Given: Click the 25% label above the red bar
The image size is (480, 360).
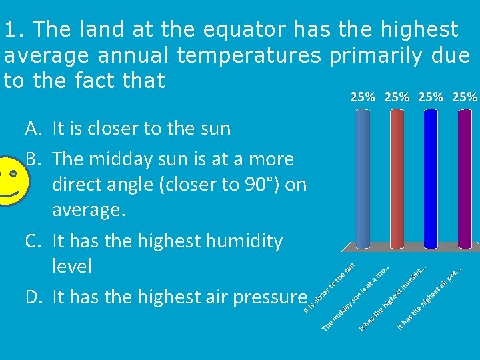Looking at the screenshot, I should tap(397, 97).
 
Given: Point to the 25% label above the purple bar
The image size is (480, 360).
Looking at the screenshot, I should tap(465, 97).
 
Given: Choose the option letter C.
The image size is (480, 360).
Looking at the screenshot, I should tap(34, 241).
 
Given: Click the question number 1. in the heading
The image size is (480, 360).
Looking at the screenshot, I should tap(14, 29).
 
